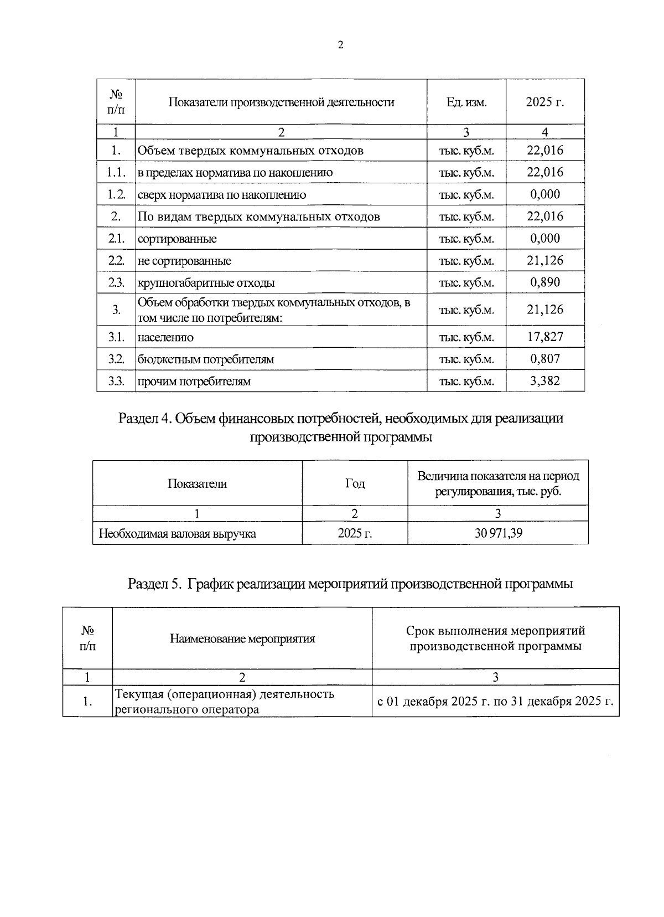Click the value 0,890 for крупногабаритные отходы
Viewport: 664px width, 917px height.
click(x=545, y=282)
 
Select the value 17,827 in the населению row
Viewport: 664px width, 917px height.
click(x=545, y=337)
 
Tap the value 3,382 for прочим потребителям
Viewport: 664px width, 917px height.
click(x=545, y=381)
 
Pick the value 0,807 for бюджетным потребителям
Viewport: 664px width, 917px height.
click(x=545, y=359)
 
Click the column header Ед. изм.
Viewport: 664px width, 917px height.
click(x=466, y=102)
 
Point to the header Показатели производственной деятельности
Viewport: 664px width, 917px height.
click(x=281, y=102)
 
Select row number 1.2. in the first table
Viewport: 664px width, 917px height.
click(x=116, y=194)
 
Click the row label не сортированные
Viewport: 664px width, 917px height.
click(x=184, y=261)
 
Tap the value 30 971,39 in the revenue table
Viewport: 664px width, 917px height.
click(x=498, y=534)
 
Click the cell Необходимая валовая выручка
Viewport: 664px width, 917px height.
click(x=177, y=534)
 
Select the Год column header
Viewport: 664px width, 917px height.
click(x=355, y=483)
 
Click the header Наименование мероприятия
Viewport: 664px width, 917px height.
click(x=242, y=638)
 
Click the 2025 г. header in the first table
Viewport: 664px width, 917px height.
click(x=545, y=102)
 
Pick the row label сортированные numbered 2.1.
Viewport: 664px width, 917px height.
click(x=177, y=239)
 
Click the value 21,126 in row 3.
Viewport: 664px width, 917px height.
click(x=545, y=310)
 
